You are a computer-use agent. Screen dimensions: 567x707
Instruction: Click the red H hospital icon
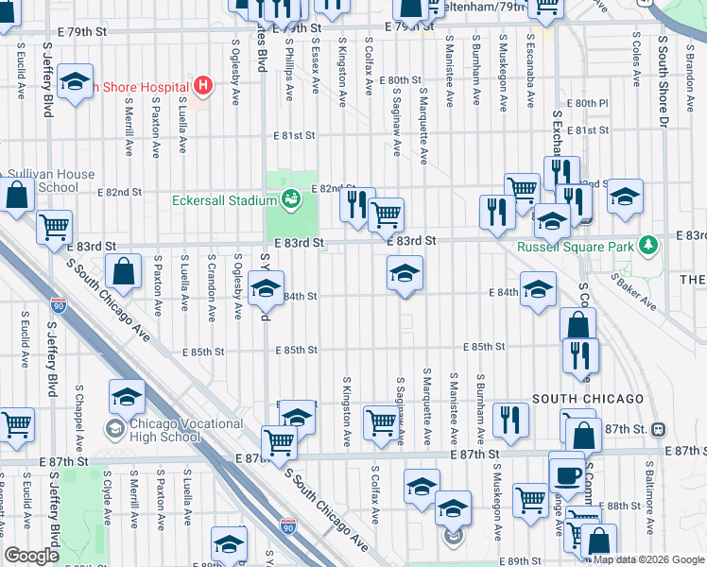(200, 86)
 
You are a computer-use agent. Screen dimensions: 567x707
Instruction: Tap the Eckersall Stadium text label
(224, 200)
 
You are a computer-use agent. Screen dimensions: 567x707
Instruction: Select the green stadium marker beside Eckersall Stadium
(291, 199)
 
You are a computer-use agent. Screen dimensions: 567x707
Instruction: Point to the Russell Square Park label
(575, 249)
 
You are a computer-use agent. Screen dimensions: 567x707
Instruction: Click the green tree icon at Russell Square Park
(648, 247)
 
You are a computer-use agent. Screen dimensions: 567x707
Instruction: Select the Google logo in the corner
(32, 556)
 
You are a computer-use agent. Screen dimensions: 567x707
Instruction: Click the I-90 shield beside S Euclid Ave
(59, 305)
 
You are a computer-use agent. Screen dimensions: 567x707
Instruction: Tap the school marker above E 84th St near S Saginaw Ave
(405, 274)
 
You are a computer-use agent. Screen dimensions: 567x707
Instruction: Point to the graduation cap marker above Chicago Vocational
(127, 397)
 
